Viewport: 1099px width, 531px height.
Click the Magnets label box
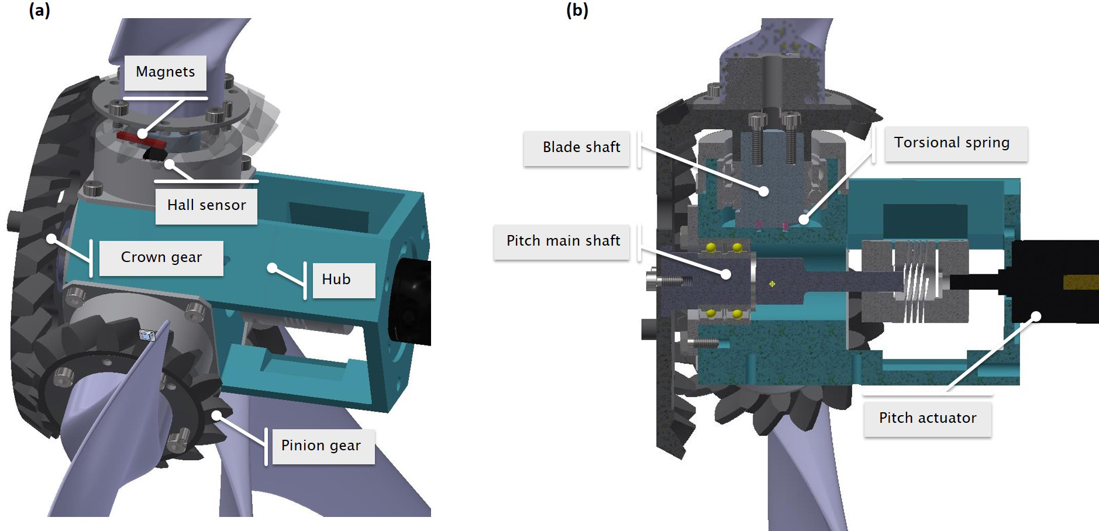coord(165,73)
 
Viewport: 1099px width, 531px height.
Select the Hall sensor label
coord(206,205)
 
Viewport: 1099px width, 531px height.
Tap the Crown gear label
coord(161,257)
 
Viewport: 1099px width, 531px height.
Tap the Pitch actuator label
coord(928,418)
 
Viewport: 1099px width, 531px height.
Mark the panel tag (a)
coord(39,11)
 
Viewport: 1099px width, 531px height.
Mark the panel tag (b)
coord(577,11)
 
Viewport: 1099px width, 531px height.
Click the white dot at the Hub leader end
coord(272,268)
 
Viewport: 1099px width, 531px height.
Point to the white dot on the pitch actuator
coord(1036,316)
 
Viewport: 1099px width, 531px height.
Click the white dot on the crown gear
coord(51,239)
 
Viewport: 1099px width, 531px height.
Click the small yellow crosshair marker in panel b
coord(772,284)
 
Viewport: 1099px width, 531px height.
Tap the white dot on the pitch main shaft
coord(726,273)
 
